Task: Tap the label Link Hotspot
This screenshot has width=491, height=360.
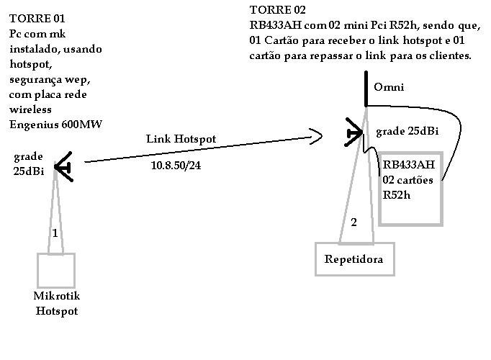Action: click(x=181, y=139)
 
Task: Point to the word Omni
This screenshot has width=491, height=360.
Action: click(x=389, y=87)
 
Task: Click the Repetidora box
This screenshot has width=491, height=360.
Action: click(x=354, y=259)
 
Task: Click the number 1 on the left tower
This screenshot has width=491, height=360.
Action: click(x=55, y=233)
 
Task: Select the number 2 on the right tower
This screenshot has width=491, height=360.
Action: click(x=353, y=222)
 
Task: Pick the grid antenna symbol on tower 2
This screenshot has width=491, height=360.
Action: click(x=354, y=132)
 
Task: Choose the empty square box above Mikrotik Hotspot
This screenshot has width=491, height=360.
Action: click(x=56, y=271)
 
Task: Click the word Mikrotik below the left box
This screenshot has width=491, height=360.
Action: click(x=57, y=296)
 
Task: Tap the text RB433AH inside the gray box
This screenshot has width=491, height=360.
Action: click(x=409, y=166)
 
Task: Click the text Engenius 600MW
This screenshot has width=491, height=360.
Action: click(x=55, y=123)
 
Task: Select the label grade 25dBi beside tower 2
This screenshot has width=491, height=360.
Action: click(x=406, y=132)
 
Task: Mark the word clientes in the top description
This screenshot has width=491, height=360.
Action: click(x=449, y=55)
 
